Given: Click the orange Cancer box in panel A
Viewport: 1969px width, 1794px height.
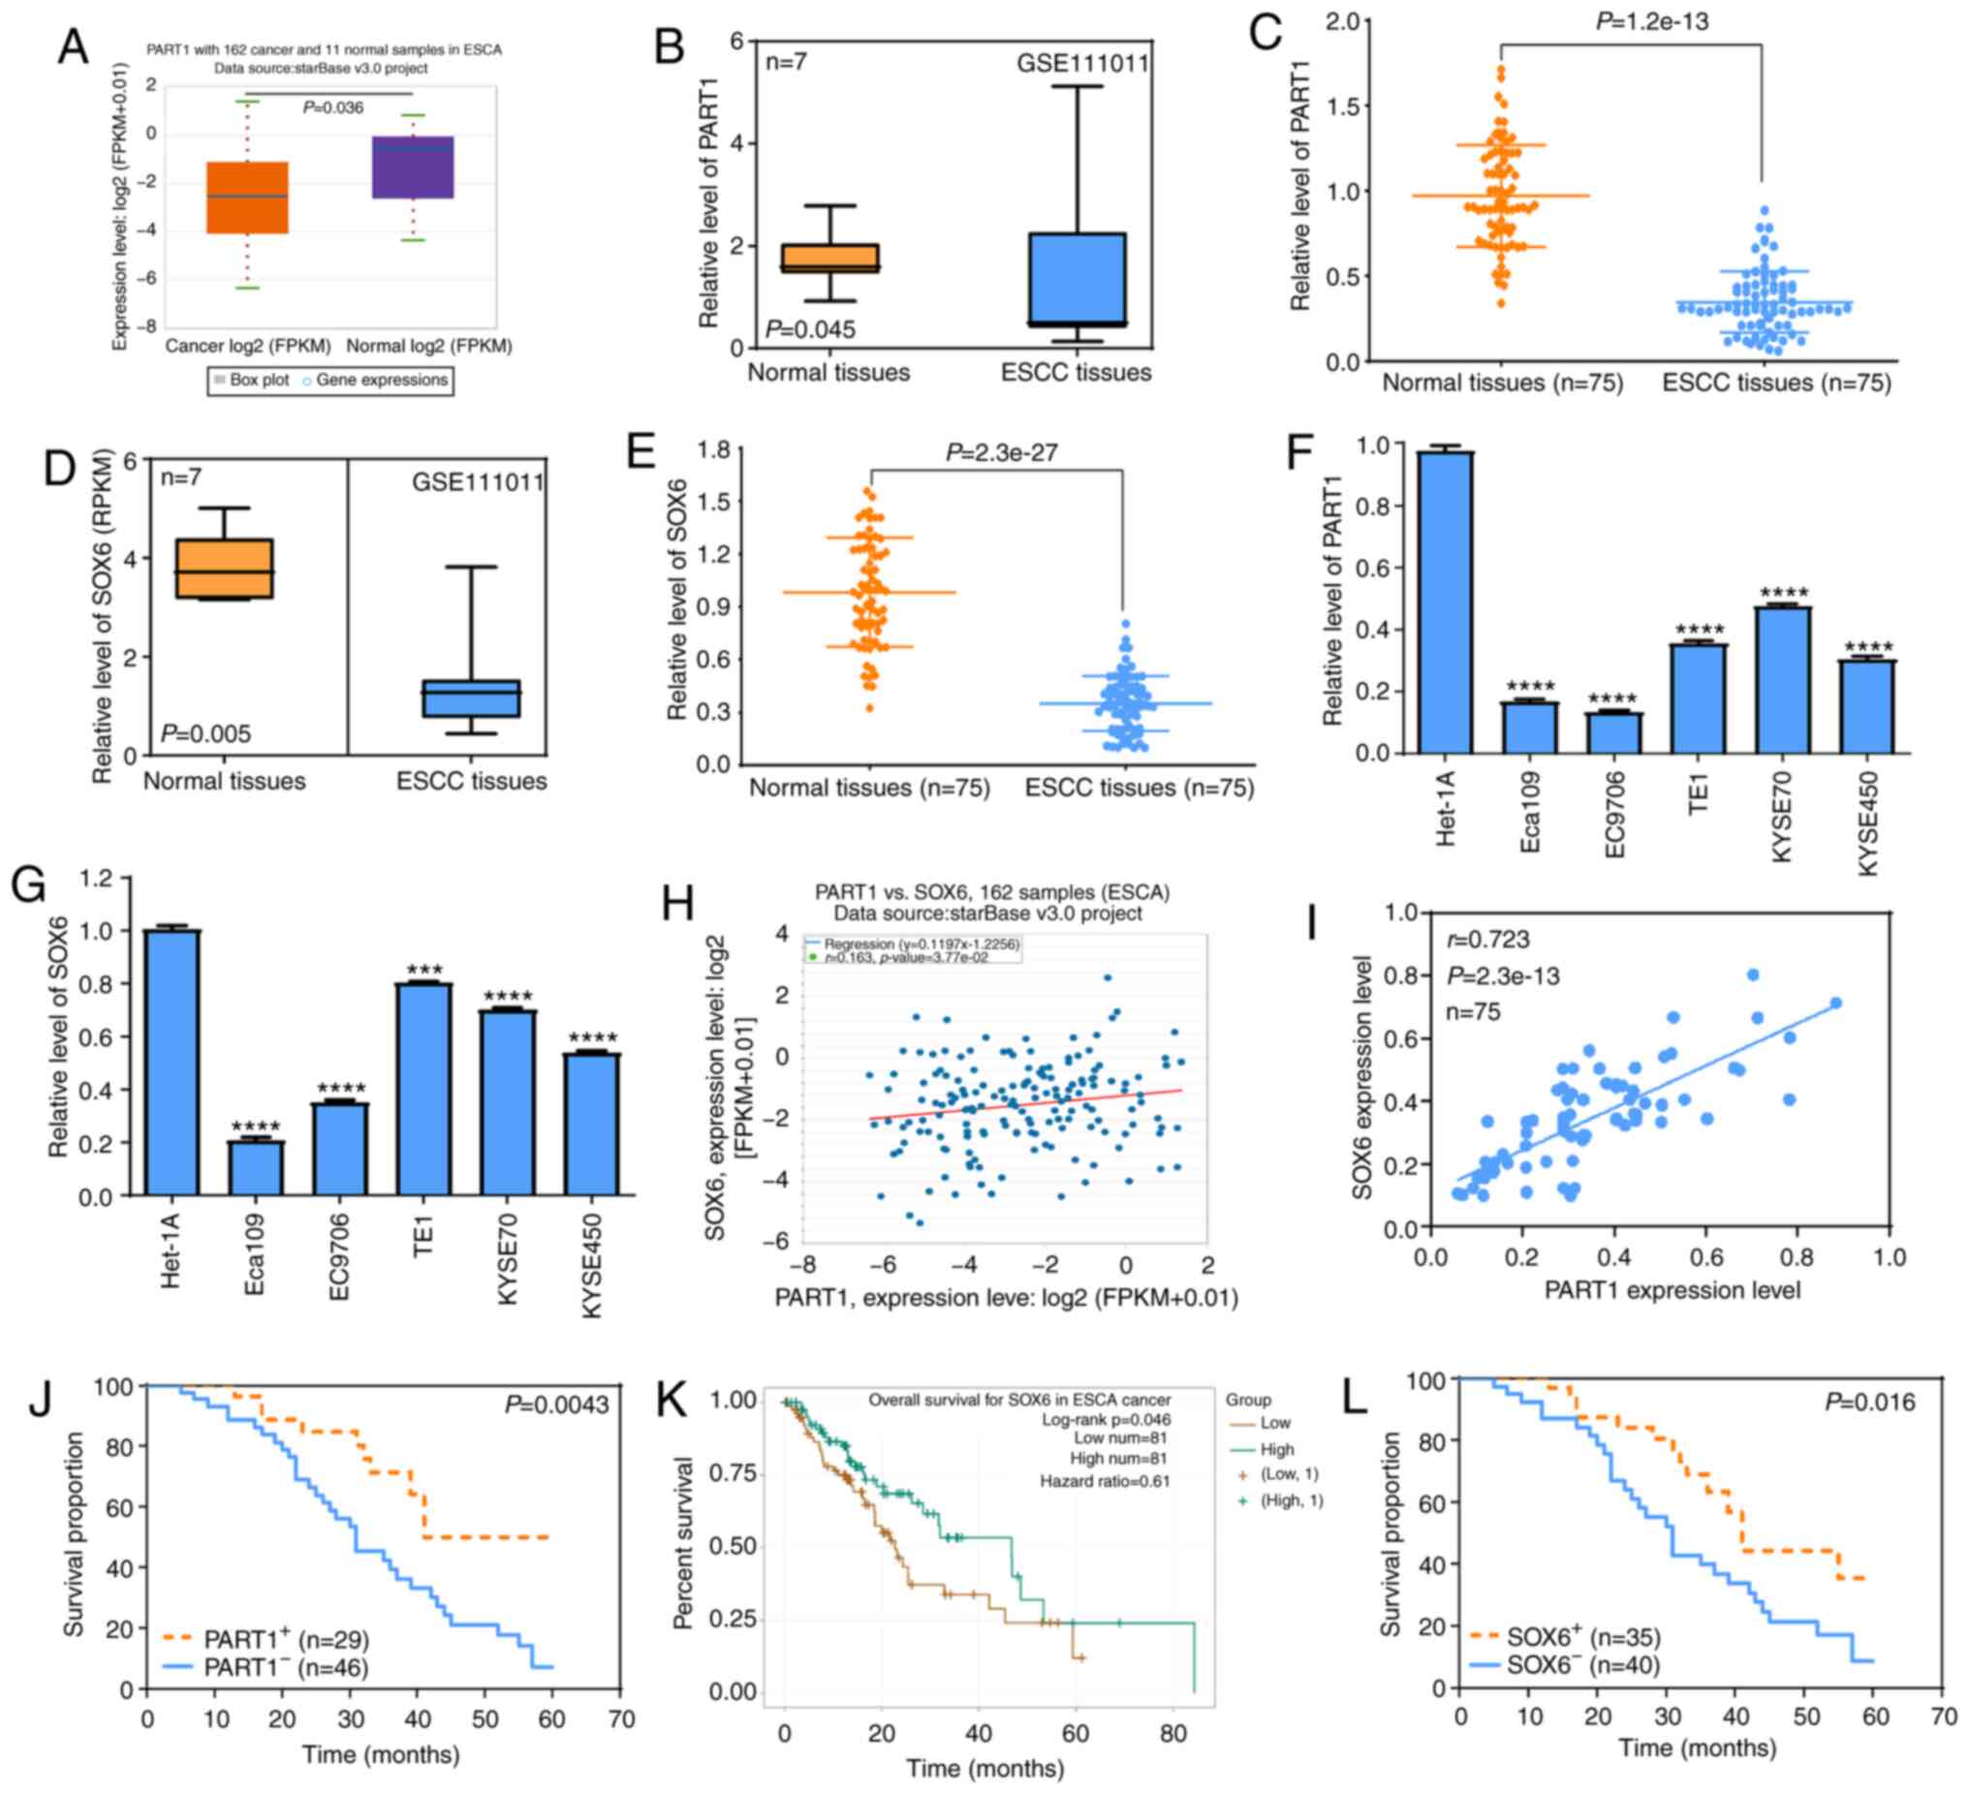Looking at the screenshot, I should tap(247, 198).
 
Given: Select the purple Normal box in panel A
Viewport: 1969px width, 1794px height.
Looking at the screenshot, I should tap(412, 167).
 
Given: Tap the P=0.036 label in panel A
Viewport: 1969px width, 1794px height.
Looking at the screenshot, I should tap(333, 108).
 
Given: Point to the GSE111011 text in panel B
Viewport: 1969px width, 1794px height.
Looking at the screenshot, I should tap(1082, 65).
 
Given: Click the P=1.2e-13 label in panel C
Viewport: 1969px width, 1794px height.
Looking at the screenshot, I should tap(1651, 21).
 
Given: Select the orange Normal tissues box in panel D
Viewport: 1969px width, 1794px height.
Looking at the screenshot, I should tap(225, 569).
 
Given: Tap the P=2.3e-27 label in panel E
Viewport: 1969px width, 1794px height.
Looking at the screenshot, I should tap(1001, 452).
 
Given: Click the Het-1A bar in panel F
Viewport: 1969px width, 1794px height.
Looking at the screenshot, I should tap(1446, 602).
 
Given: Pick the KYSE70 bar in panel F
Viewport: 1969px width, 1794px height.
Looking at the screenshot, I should tap(1782, 680).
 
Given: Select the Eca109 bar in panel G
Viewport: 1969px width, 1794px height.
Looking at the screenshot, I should tap(255, 1168).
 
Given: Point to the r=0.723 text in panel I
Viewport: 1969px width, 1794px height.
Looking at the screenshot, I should tap(1488, 941).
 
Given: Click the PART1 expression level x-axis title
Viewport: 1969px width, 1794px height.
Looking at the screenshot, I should tap(1672, 1290).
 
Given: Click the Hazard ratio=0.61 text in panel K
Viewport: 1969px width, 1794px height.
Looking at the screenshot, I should tap(1104, 1481).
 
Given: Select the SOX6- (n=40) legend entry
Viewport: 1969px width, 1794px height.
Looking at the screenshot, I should tap(1582, 1664).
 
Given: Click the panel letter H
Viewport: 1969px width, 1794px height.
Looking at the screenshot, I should tap(678, 904).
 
